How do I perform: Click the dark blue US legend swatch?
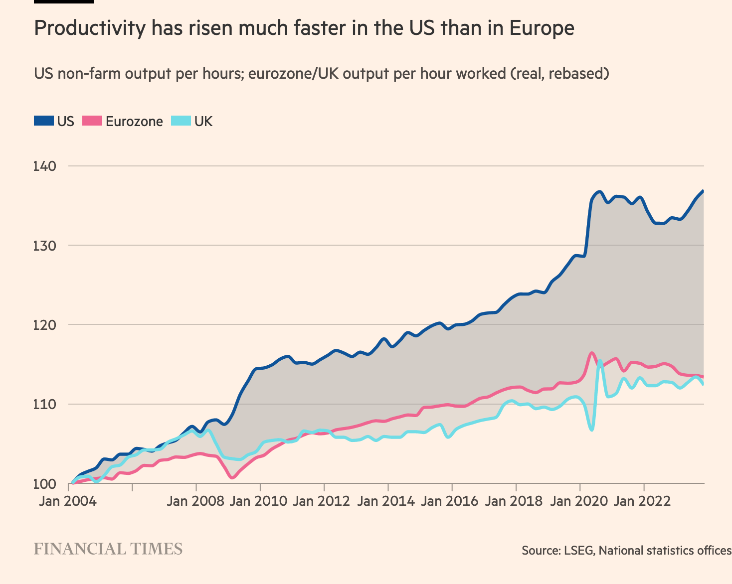(x=43, y=121)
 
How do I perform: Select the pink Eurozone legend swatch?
(x=92, y=121)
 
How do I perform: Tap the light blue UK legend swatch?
(x=181, y=121)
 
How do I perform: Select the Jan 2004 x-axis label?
(x=68, y=501)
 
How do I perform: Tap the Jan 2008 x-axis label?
(x=195, y=501)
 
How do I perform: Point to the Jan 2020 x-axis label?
(x=579, y=501)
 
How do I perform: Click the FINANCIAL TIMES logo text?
(x=108, y=549)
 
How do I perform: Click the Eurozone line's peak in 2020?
(x=592, y=353)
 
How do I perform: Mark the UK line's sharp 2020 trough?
(x=591, y=430)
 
